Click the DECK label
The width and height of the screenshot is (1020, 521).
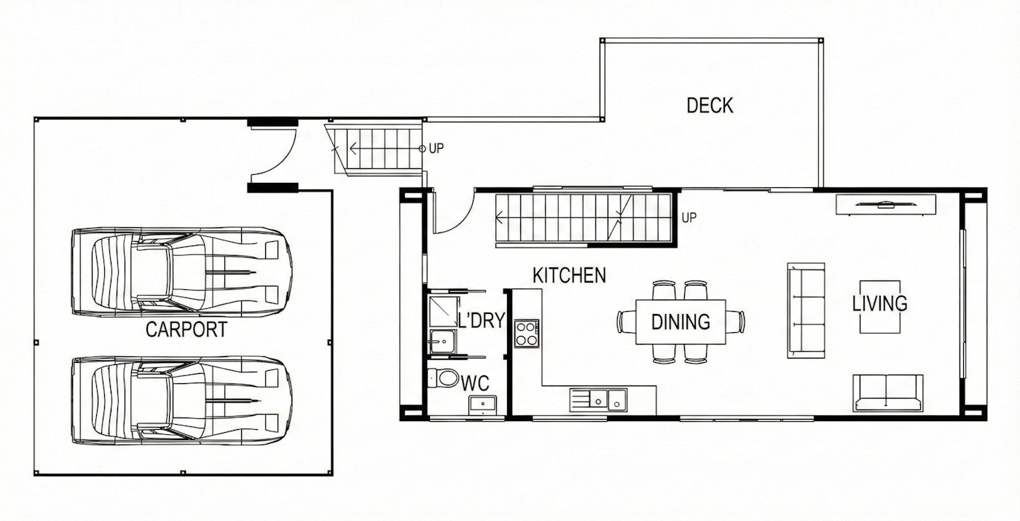click(710, 106)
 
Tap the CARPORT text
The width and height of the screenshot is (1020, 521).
click(187, 329)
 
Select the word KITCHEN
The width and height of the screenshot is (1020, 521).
click(569, 275)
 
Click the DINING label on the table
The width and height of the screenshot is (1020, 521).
click(680, 322)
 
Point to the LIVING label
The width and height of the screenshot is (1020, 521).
click(880, 304)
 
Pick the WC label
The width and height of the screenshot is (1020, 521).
click(475, 383)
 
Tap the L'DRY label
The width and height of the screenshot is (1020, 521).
click(482, 321)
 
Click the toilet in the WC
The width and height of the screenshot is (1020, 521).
click(444, 378)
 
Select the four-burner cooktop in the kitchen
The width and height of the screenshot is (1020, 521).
click(527, 334)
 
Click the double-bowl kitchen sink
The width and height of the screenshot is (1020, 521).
click(598, 400)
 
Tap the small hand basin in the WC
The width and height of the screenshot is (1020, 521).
click(482, 404)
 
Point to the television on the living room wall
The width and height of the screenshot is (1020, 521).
click(886, 205)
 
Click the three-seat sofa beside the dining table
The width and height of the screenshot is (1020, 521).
click(806, 310)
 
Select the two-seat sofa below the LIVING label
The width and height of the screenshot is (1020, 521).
click(887, 393)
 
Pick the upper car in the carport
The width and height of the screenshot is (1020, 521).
click(181, 272)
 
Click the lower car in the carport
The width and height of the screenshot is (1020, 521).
click(181, 400)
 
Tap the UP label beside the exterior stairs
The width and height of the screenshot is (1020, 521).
click(436, 149)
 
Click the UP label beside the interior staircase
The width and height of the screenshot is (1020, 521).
click(689, 218)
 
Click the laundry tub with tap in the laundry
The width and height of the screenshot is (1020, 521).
click(442, 342)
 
